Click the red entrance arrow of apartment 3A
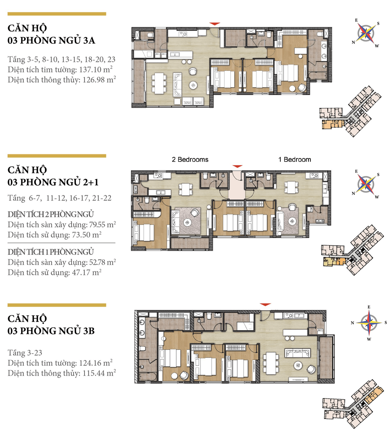click(x=215, y=24)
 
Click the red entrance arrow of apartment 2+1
click(x=237, y=166)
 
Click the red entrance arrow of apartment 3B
click(x=265, y=305)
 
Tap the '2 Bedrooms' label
click(x=190, y=160)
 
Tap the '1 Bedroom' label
click(x=294, y=160)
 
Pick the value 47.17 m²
click(x=87, y=272)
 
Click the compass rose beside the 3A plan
click(x=366, y=33)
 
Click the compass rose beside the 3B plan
click(x=369, y=323)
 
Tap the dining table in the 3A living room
click(x=159, y=83)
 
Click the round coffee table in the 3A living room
click(x=193, y=85)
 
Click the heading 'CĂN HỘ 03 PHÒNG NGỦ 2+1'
click(x=53, y=176)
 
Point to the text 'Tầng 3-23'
click(x=25, y=352)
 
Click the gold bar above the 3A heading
click(x=57, y=14)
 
